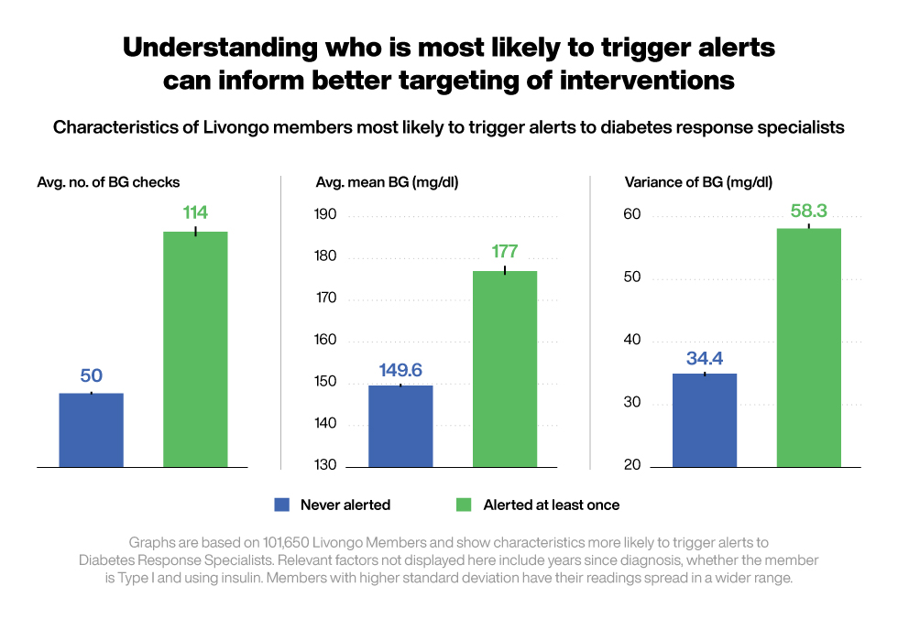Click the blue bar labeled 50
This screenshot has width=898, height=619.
(91, 429)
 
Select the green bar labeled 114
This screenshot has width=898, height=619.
(195, 349)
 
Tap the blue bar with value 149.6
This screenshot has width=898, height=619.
(400, 425)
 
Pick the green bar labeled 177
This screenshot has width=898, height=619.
(505, 368)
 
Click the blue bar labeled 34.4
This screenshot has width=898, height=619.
(705, 419)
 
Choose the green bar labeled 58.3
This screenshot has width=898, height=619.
(809, 347)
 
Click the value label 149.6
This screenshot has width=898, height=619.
(400, 371)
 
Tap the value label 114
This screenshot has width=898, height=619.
(195, 213)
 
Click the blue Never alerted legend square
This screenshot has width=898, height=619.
(282, 505)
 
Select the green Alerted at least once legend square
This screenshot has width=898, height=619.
(464, 505)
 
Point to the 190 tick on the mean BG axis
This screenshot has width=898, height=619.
(325, 215)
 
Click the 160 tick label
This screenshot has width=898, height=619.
(325, 340)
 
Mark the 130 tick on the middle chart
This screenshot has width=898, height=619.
(325, 465)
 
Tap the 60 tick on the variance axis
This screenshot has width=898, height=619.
(632, 215)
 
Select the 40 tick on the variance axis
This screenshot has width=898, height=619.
(632, 340)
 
